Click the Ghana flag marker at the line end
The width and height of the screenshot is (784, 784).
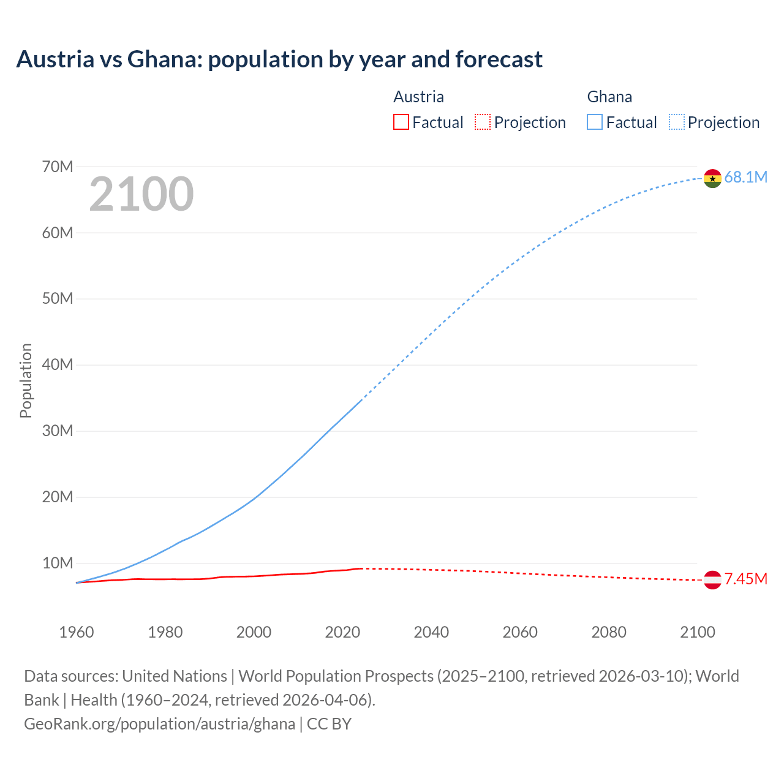coord(712,178)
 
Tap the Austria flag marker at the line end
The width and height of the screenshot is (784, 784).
coord(712,579)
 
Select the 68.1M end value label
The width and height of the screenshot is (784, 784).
coord(745,178)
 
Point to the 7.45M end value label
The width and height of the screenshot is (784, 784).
coord(745,579)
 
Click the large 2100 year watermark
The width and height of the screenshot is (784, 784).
coord(141,194)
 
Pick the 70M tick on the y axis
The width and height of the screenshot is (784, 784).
coord(58,167)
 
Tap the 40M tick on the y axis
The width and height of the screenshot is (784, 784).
coord(58,365)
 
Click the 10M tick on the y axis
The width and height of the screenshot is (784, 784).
coord(58,563)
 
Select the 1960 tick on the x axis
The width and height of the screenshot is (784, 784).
coord(77,632)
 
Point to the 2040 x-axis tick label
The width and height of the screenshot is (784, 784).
coord(431,632)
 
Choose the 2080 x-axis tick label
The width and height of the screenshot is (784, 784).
coord(609,632)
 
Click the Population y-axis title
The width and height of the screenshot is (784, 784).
coord(26,380)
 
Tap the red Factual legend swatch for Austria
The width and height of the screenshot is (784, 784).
coord(401,123)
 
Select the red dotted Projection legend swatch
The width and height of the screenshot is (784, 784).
coord(483,123)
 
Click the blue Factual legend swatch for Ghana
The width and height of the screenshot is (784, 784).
coord(595,123)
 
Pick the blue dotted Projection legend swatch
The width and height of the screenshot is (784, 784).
coord(677,123)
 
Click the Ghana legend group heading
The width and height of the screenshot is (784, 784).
coord(609,97)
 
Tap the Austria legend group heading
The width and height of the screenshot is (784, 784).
coord(418,97)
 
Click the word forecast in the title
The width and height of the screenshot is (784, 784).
coord(499,59)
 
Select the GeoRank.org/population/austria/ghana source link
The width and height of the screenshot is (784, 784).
coord(160,724)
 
